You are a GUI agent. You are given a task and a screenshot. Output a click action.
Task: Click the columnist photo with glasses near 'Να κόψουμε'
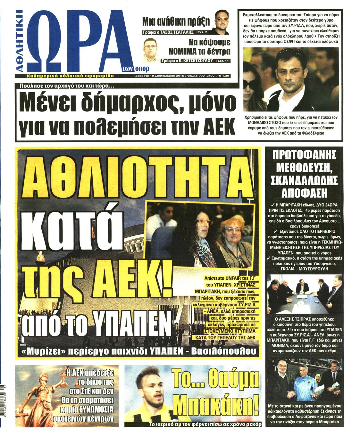151,50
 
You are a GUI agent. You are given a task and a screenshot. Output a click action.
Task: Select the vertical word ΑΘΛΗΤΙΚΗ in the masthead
20,40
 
